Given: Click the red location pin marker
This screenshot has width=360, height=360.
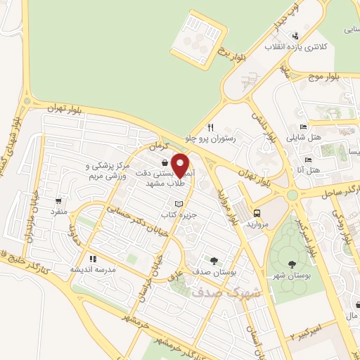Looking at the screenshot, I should pos(180,165).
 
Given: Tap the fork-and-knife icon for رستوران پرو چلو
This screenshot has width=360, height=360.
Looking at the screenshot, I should pos(210,128).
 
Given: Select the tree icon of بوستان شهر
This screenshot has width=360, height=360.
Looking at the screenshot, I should pos(292,264).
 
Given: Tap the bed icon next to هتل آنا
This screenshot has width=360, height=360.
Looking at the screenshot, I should pos(302,171).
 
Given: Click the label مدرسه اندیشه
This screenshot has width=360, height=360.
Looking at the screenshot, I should pos(94,269).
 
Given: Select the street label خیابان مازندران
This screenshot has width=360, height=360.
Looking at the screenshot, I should pos(28,218).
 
